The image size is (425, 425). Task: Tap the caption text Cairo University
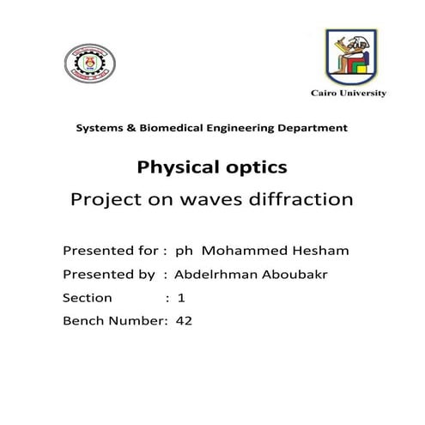tap(348, 93)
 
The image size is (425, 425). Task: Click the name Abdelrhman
tap(213, 274)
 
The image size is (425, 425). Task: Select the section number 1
tap(181, 298)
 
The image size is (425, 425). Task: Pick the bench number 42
tap(183, 321)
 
